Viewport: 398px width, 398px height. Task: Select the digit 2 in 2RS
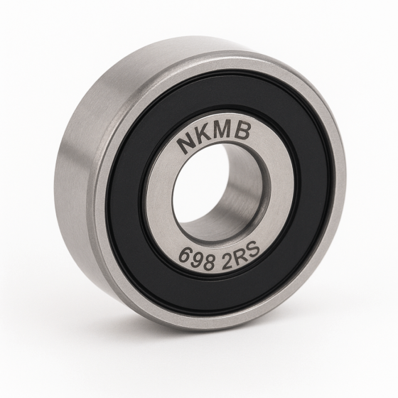[227, 259]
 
